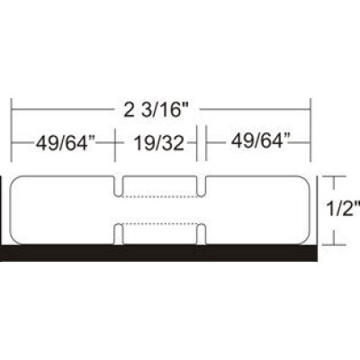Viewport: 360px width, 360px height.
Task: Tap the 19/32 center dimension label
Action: coord(158,140)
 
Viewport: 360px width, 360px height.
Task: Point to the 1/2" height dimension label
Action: coord(345,209)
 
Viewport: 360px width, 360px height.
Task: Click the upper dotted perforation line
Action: coord(160,195)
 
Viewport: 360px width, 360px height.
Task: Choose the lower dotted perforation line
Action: coord(160,222)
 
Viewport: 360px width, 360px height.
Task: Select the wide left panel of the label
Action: coord(63,209)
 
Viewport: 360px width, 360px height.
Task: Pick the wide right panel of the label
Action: coord(256,209)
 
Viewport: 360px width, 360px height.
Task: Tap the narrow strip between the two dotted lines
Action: coord(160,209)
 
